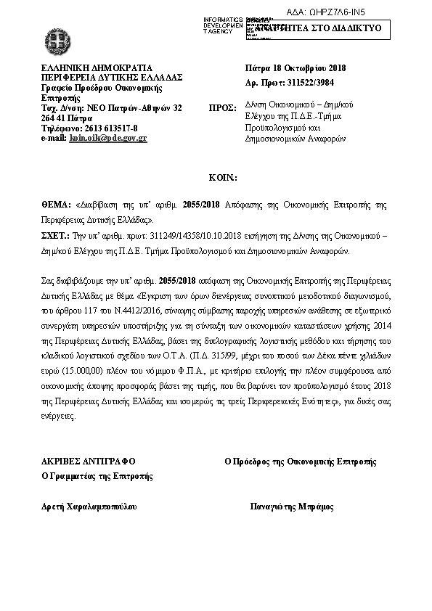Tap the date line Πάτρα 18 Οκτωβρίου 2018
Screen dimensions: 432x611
[296, 68]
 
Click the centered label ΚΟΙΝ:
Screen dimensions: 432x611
[216, 177]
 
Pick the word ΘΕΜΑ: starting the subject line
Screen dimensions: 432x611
[54, 205]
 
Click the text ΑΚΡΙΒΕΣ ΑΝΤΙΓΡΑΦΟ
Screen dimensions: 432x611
[89, 461]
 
